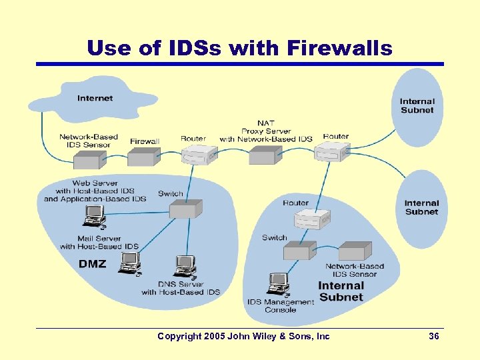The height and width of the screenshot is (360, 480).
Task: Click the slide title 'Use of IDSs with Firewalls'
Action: coord(240,47)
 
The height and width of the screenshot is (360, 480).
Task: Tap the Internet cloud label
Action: coord(95,98)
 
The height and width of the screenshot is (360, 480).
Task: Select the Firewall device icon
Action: coord(141,157)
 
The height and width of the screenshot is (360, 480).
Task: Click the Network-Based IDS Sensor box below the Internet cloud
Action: coord(89,159)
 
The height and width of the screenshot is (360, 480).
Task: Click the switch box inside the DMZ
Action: coord(183,210)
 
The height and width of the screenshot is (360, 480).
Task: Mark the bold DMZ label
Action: coord(92,264)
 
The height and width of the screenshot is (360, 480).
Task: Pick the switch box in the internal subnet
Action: coord(299,251)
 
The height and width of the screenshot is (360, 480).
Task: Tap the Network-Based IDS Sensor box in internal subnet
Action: coord(354,251)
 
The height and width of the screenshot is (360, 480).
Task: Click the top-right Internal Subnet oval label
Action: coord(417,106)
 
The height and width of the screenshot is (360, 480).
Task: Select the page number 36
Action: coord(433,337)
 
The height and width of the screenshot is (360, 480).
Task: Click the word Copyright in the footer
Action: coord(179,337)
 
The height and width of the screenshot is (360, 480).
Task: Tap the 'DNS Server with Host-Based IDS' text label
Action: coord(181,288)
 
